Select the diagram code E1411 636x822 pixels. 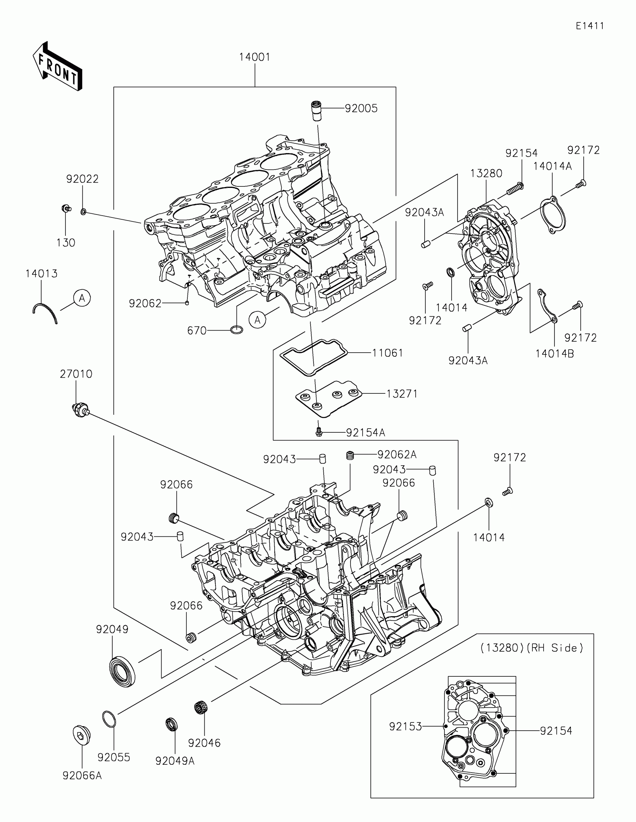click(x=590, y=26)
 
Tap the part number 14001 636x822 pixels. click(x=255, y=57)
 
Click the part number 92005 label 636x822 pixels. click(x=361, y=109)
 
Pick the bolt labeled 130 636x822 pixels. click(x=66, y=208)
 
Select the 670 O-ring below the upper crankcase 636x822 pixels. click(x=236, y=330)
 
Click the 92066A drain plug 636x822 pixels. click(x=81, y=736)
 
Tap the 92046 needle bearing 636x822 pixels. click(x=201, y=708)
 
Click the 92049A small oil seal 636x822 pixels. click(x=172, y=724)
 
